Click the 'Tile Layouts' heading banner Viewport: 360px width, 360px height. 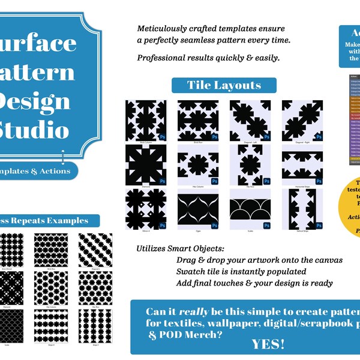[x=224, y=85]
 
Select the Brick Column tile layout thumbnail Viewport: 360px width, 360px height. [x=146, y=121]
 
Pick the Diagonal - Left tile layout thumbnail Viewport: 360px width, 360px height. [x=250, y=121]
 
